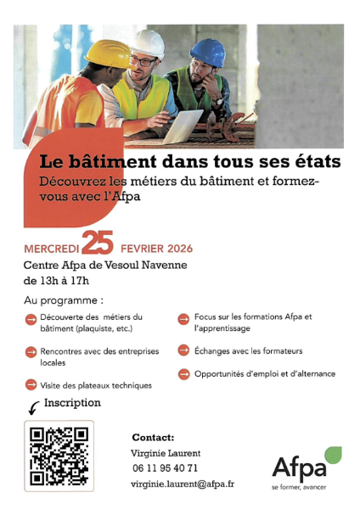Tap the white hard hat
[149, 43]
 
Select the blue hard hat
[208, 52]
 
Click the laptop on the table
[183, 127]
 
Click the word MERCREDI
[52, 249]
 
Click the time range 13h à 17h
[57, 281]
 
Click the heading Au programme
[64, 300]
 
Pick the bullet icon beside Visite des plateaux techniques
[31, 384]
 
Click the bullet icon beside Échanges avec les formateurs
[183, 350]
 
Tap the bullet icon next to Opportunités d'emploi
[183, 373]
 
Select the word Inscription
[72, 402]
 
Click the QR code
[59, 456]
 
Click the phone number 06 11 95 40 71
[165, 468]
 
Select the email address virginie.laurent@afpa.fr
[183, 484]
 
